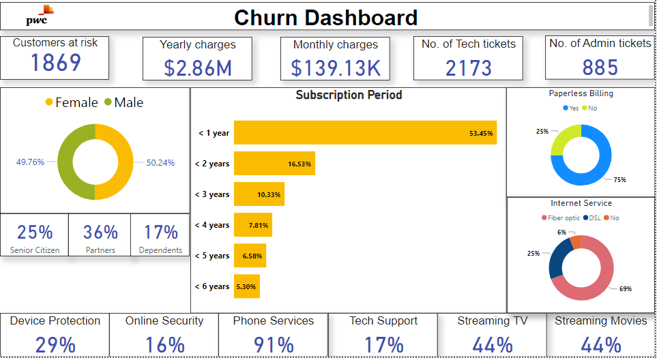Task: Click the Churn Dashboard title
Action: coord(325,17)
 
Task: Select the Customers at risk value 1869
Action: coord(56,63)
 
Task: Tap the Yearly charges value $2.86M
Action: coord(197,67)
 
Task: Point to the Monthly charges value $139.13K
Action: coord(335,67)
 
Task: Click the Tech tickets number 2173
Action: coord(469,67)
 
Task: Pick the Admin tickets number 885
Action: coord(600,67)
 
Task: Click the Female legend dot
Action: coord(49,103)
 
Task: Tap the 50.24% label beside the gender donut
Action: coord(160,163)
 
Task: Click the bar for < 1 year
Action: coord(365,133)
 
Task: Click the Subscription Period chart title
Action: coord(349,95)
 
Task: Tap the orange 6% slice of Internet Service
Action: coord(576,242)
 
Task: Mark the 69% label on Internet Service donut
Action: coord(625,289)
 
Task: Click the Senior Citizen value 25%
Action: coord(35,232)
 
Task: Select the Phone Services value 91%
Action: coord(273,345)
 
